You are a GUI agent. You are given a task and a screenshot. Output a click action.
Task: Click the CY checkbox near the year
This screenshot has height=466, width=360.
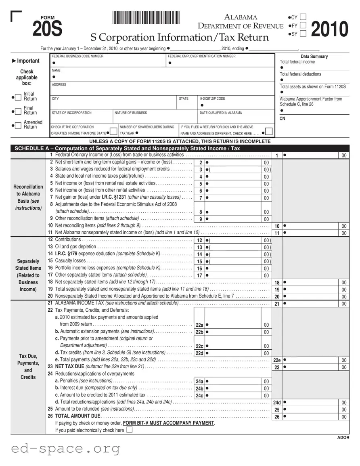(x=303, y=17)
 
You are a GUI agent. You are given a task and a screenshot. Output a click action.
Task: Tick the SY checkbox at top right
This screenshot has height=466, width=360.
(x=303, y=34)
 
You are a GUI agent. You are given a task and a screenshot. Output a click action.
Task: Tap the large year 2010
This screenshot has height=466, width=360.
(x=329, y=29)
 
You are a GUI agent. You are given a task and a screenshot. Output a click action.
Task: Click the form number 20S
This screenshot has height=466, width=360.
(x=47, y=29)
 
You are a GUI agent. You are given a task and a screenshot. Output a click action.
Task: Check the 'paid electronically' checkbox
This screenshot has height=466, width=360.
(x=129, y=430)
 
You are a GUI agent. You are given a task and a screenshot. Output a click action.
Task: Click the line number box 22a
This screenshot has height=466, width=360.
(x=199, y=325)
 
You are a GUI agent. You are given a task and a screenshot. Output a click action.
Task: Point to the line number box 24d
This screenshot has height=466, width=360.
(x=277, y=402)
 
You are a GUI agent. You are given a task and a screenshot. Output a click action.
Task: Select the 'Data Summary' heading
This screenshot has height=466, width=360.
(x=314, y=57)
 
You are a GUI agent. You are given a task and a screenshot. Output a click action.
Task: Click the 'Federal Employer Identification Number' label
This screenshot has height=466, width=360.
(x=202, y=57)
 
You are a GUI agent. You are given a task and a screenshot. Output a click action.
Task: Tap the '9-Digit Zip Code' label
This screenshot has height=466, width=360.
(x=212, y=99)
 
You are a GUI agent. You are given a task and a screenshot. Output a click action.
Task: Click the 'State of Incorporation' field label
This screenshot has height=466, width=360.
(x=71, y=113)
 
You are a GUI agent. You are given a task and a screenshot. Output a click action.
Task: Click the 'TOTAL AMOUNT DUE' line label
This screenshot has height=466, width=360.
(x=77, y=416)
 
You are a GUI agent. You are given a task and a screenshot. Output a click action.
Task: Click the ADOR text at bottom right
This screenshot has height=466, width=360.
(x=343, y=438)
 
